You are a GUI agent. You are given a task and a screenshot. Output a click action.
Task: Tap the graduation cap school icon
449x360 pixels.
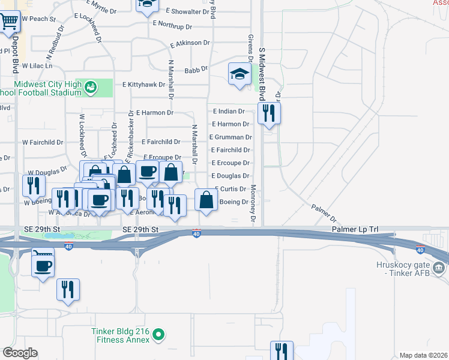(240, 74)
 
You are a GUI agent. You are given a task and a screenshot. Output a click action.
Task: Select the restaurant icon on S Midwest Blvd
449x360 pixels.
(268, 112)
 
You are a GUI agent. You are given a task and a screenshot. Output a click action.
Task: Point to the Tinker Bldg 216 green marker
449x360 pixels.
(158, 334)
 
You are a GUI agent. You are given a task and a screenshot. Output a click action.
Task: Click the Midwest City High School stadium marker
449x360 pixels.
(90, 88)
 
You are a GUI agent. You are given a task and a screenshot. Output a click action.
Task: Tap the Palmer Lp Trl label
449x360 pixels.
(355, 230)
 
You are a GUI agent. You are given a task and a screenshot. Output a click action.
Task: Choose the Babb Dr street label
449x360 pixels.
(196, 70)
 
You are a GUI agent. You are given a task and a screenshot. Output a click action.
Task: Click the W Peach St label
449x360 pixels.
(38, 19)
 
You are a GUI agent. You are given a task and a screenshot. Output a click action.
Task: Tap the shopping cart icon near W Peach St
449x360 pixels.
(9, 22)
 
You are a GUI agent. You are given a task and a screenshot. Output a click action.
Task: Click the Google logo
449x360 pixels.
(20, 353)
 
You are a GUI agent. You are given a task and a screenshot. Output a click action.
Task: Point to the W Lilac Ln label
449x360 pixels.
(37, 65)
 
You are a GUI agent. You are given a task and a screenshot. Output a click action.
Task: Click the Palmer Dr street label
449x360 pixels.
(324, 212)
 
